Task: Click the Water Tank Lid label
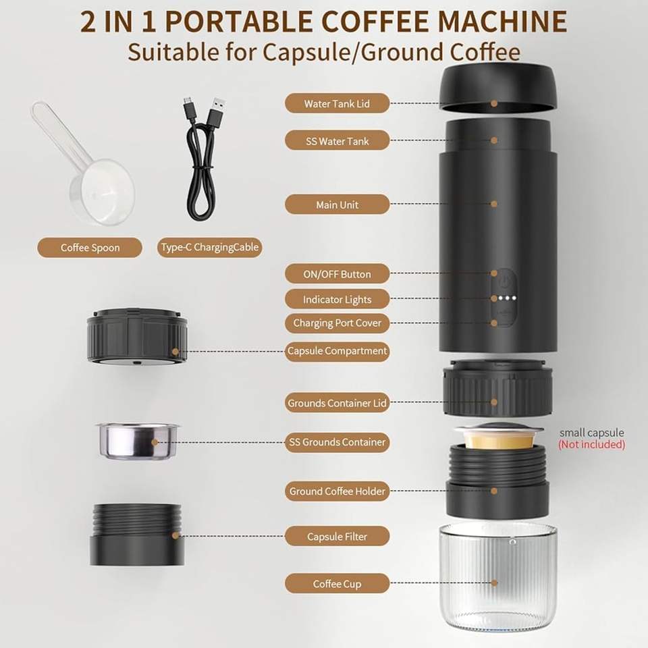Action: (x=337, y=103)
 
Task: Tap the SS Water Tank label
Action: (x=337, y=141)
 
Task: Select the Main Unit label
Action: (x=337, y=205)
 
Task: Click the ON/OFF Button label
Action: (x=337, y=274)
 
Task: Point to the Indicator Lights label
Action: (x=337, y=299)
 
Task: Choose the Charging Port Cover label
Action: (x=337, y=323)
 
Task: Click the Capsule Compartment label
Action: (x=337, y=351)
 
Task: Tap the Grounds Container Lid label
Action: (x=337, y=403)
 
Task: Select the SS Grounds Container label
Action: (x=337, y=442)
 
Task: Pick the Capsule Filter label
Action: (x=337, y=537)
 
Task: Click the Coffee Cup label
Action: (x=337, y=583)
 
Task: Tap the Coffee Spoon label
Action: (x=90, y=248)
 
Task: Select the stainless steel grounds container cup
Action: (x=138, y=441)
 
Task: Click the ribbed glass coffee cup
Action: (x=497, y=582)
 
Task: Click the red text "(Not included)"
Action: (x=591, y=445)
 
